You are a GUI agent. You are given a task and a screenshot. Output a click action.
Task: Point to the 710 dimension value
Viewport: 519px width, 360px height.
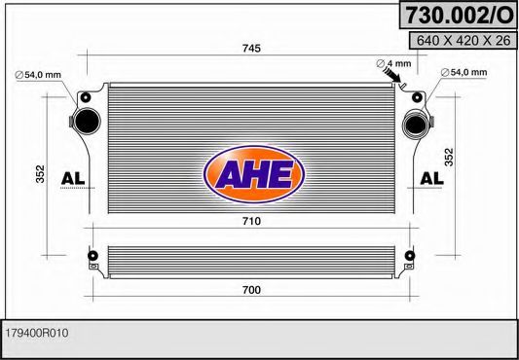[250, 222]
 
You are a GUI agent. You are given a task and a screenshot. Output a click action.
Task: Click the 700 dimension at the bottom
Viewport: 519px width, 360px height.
[252, 290]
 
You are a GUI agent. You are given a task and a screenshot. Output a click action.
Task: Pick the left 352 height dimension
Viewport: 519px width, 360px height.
[40, 173]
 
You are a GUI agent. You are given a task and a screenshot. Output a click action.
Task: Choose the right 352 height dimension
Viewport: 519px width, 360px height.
[449, 157]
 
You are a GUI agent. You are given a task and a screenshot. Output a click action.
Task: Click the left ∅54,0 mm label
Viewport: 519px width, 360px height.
[38, 74]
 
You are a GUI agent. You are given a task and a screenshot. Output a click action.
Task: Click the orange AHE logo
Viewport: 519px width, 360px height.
[253, 174]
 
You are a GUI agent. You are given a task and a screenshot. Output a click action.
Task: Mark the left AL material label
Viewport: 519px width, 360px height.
[73, 178]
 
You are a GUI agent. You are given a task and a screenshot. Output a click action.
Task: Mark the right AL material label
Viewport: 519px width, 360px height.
[430, 178]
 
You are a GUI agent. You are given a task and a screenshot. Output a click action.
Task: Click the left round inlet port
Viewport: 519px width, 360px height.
[85, 122]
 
